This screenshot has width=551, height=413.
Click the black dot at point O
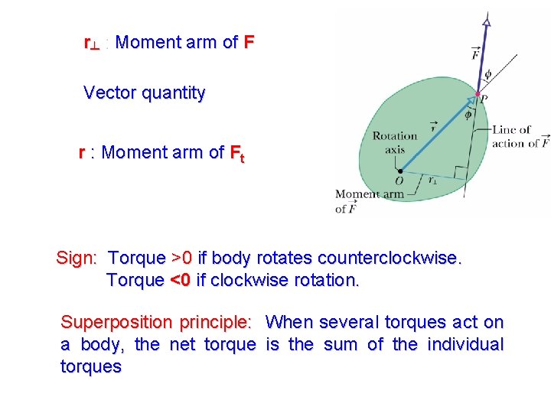399,171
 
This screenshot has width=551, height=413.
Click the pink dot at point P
478,94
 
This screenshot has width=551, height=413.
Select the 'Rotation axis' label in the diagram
394,142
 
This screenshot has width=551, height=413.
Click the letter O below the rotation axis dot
399,181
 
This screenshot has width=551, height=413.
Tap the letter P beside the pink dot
484,99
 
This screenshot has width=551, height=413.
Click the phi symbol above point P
488,75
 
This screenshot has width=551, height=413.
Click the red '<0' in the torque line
180,280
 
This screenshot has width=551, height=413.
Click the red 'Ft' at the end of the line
237,154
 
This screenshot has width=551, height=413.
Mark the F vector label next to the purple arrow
476,54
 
